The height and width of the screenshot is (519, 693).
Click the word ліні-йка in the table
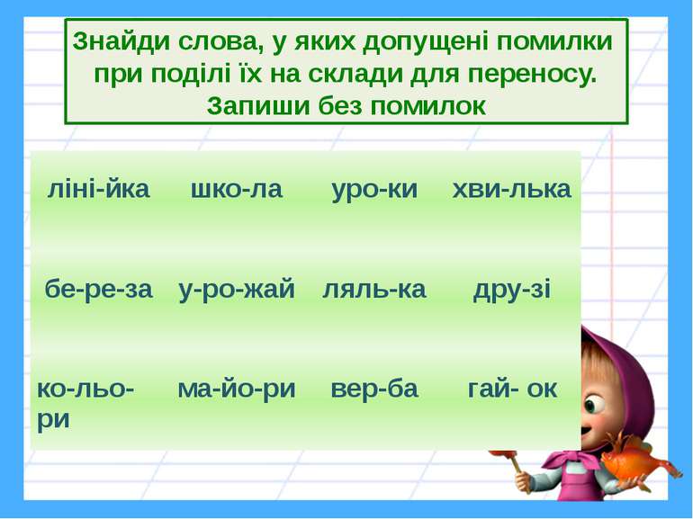coord(98,190)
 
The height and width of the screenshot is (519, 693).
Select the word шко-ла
coord(237,190)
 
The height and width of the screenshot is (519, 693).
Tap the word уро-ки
coord(374,190)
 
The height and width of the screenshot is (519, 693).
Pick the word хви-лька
coord(511,190)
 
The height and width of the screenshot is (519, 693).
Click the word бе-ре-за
coord(99,290)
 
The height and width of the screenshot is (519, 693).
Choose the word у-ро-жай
coord(237,290)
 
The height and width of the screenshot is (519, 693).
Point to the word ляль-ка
coord(374,290)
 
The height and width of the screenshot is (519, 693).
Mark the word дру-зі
coord(511,290)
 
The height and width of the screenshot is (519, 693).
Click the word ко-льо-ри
coord(85,403)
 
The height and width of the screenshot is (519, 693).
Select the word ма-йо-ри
coord(237,389)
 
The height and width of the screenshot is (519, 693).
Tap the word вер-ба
coord(374,389)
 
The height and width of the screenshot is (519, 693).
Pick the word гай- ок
coord(512,389)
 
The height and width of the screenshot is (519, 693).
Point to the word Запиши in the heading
coord(258,105)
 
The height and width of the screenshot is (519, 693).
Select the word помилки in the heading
coord(554,41)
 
